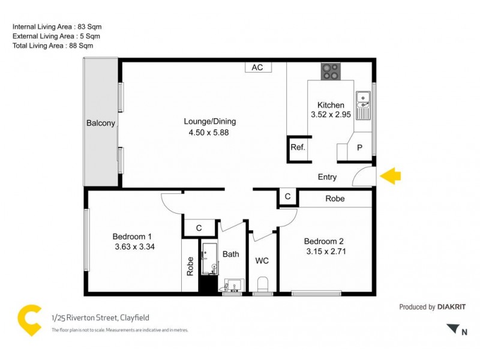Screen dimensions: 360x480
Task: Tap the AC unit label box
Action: (x=257, y=67)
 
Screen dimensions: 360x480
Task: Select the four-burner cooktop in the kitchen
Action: (x=329, y=71)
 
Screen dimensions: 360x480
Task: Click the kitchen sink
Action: (x=362, y=106)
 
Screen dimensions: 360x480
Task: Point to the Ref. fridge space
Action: (x=298, y=148)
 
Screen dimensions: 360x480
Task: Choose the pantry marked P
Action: (x=359, y=148)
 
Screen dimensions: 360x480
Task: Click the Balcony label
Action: (x=100, y=123)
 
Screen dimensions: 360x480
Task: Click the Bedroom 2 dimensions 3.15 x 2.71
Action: (x=325, y=251)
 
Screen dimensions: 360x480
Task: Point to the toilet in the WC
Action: (x=262, y=283)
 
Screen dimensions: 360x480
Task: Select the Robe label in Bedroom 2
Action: (x=335, y=199)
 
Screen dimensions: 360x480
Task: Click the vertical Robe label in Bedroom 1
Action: (x=190, y=266)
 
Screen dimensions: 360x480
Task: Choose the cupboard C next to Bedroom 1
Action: (x=199, y=228)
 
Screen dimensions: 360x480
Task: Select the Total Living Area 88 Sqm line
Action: (x=53, y=45)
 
